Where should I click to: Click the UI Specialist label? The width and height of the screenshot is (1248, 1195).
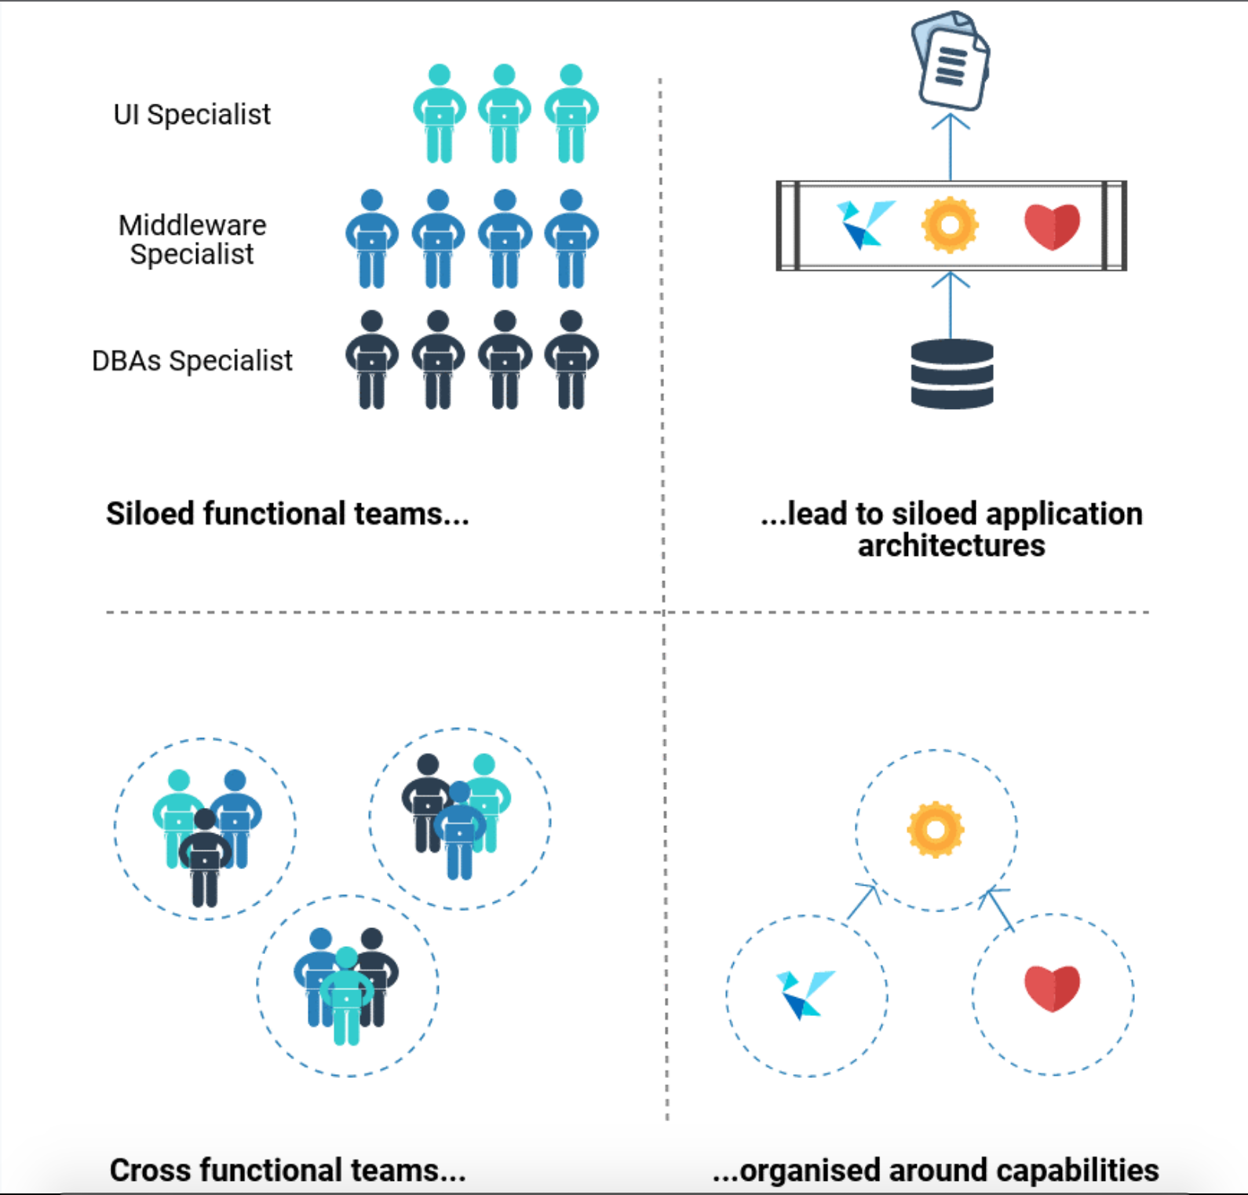coord(192,115)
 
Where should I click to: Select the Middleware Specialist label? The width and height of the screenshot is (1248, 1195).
coord(192,239)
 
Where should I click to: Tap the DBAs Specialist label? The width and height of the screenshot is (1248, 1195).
coord(192,361)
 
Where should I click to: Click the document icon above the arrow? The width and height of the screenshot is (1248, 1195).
coord(951,60)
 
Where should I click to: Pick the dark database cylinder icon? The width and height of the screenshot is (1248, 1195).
coord(952,374)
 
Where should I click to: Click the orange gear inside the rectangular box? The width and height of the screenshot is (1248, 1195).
coord(950,225)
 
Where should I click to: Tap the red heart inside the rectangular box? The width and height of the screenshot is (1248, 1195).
coord(1053,226)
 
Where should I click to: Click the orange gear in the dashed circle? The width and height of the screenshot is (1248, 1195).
coord(936,830)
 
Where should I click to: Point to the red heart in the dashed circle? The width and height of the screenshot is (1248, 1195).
coord(1053,989)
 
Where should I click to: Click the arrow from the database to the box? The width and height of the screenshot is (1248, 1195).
coord(951,305)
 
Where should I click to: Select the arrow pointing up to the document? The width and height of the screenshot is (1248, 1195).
coord(951,147)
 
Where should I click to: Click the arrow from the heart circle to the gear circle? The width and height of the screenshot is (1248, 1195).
coord(998,909)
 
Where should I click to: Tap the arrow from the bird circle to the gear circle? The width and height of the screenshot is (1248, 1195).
coord(863,901)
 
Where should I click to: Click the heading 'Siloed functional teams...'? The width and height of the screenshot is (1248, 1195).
coord(287,514)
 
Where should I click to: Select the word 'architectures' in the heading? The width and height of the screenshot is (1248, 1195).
coord(951,546)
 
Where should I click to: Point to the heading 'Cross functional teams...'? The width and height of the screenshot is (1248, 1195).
coord(287,1170)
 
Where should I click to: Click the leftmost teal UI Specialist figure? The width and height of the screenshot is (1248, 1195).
coord(440,114)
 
